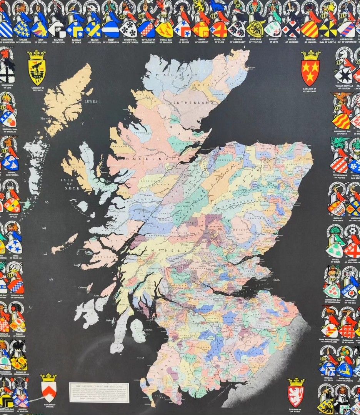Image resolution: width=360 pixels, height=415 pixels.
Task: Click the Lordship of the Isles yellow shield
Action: tap(37, 72)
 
